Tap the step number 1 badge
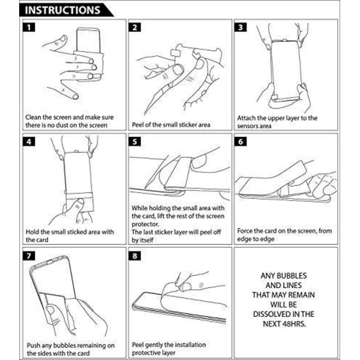coord(29,28)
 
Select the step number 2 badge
coord(135,28)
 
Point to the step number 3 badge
coord(241,28)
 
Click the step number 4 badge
coord(29,142)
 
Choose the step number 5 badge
coord(135,142)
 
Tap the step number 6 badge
coord(241,142)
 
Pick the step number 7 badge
coord(29,256)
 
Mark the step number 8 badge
coord(135,256)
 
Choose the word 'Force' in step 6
coord(245,231)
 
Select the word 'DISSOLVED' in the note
coord(269,314)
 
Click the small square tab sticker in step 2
coord(175,53)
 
